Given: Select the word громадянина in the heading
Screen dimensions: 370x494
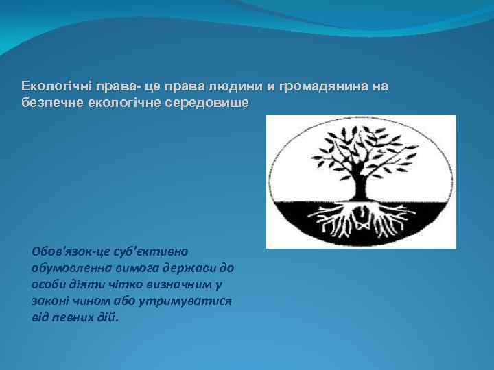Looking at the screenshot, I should (x=322, y=87).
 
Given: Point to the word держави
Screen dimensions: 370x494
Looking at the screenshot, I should (x=196, y=268).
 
